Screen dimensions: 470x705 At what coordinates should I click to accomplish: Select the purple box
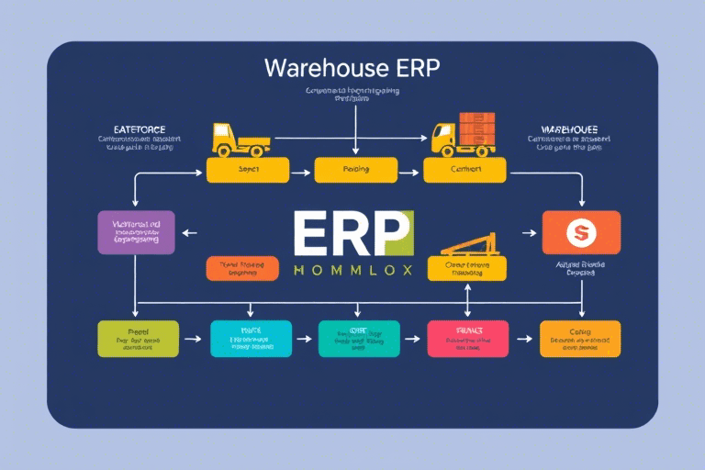click(x=136, y=232)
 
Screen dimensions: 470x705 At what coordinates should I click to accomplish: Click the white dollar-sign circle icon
click(x=579, y=233)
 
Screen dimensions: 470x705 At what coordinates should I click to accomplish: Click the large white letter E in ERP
click(x=312, y=235)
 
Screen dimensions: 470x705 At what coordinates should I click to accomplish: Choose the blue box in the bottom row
click(x=251, y=339)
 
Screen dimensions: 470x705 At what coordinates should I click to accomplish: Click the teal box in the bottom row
click(x=359, y=339)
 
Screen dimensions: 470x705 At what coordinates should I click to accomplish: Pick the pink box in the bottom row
click(x=467, y=339)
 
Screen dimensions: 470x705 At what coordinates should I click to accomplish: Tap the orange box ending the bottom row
click(x=580, y=339)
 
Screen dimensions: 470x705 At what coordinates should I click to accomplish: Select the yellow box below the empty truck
click(x=247, y=170)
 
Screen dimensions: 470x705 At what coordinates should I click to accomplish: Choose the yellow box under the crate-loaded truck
click(x=464, y=170)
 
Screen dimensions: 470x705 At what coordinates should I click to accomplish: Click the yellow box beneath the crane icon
click(x=467, y=268)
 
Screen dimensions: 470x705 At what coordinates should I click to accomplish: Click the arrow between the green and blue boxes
click(x=192, y=339)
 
